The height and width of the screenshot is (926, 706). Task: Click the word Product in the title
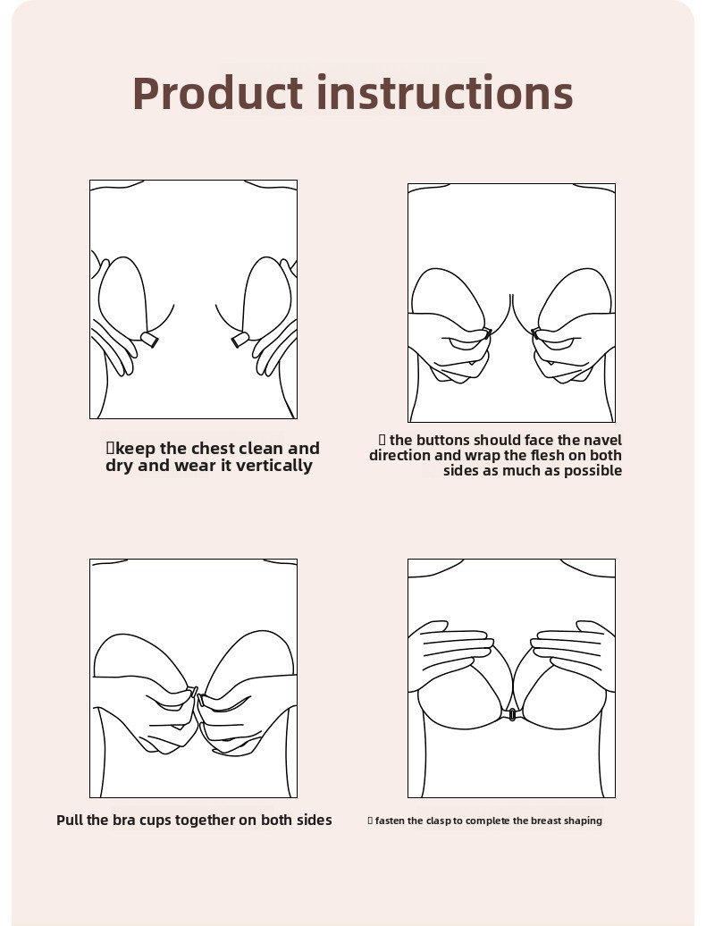pos(218,93)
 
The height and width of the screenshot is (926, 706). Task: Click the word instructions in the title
pos(445,93)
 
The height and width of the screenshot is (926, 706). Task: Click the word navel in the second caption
pos(602,440)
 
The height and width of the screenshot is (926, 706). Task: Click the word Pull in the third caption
pos(70,821)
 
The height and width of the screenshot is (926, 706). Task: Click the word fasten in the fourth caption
pos(390,821)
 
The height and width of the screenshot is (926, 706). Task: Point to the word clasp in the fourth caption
pos(437,821)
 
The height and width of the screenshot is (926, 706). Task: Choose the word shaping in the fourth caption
pos(584,821)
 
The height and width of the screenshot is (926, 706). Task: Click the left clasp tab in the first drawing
pos(150,340)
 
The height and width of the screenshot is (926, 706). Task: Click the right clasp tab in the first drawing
pos(240,340)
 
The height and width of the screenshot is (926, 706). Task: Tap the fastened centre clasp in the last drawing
pos(511,714)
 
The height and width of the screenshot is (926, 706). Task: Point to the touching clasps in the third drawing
pos(197,696)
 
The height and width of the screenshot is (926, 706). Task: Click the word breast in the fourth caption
pos(546,821)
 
